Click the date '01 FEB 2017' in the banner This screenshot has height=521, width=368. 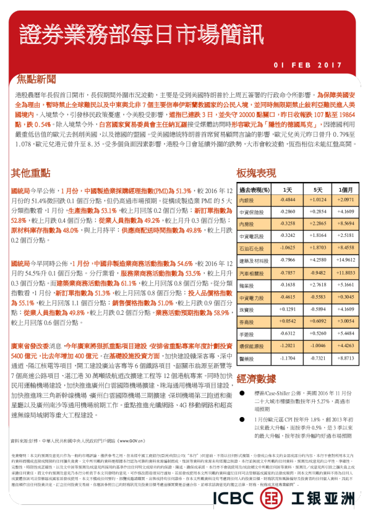307,64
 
